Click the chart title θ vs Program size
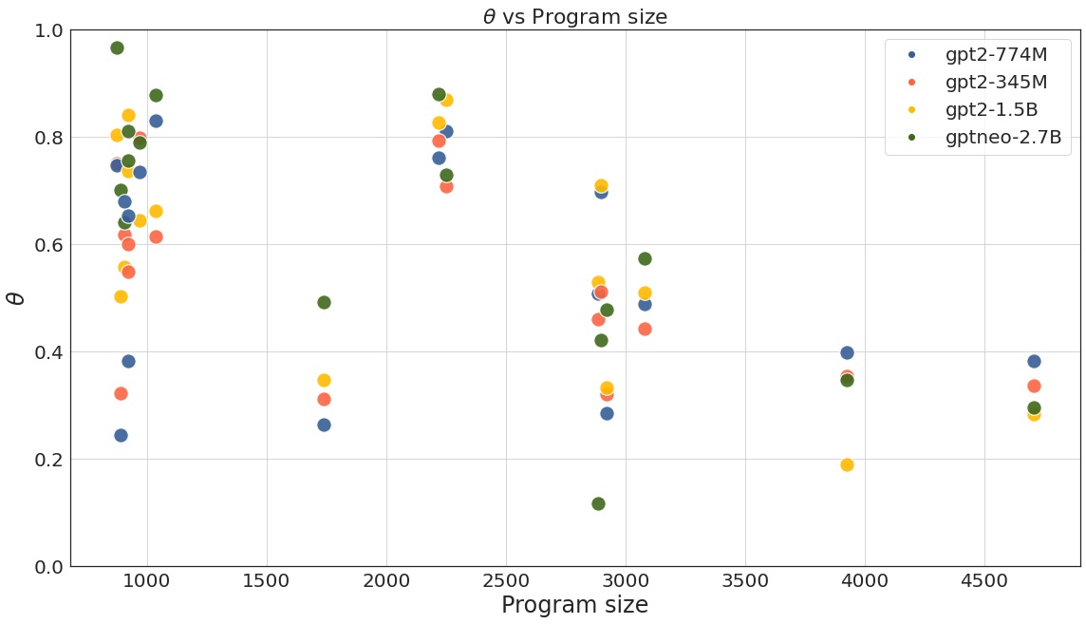(575, 16)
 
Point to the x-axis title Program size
(575, 605)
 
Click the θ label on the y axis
(15, 298)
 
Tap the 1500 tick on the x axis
(267, 580)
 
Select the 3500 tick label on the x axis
(745, 580)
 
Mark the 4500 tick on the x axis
(984, 580)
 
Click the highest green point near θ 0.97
(117, 47)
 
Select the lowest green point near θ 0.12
(598, 503)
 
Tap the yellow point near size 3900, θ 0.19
(847, 464)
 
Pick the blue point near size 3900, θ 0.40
(847, 352)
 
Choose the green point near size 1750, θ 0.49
(324, 302)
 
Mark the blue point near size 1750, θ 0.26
(324, 425)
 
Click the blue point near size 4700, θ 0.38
(1034, 361)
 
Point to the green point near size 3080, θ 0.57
(645, 258)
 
